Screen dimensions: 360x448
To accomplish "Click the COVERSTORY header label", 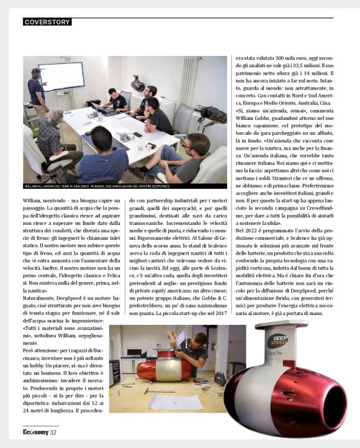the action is (47, 22).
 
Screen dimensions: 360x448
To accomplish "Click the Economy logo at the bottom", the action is (35, 433).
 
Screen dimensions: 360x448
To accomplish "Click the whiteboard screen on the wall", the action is (60, 76).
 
